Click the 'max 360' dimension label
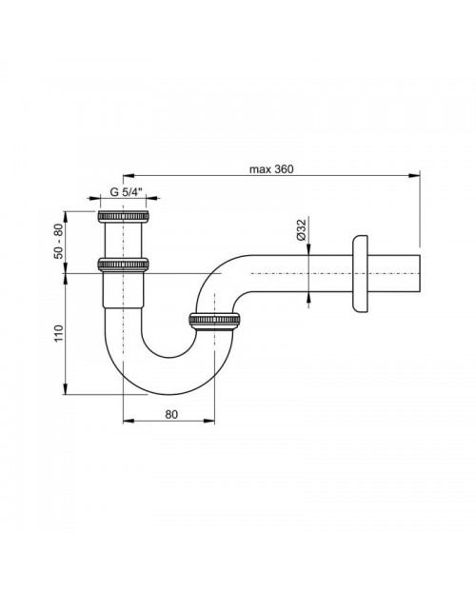(271, 169)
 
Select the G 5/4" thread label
(126, 192)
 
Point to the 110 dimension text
(59, 333)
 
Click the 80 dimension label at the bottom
(170, 414)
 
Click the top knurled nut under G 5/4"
(123, 216)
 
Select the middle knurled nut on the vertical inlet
(123, 265)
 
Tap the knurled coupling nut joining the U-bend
(215, 321)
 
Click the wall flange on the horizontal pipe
(360, 273)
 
